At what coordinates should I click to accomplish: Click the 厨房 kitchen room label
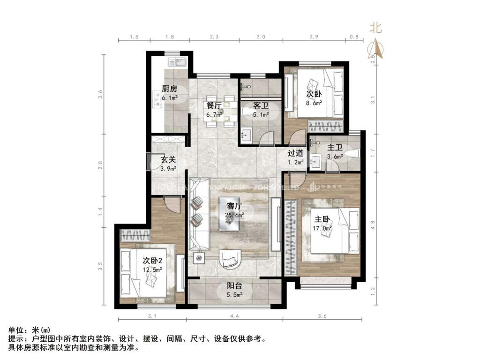click(x=169, y=88)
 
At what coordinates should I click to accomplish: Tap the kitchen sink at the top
click(x=178, y=62)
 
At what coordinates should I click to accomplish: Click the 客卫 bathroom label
click(x=261, y=106)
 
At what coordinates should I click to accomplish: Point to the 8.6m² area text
click(x=314, y=103)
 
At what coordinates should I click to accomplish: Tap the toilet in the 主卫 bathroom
click(x=354, y=153)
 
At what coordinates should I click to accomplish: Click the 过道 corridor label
click(x=295, y=153)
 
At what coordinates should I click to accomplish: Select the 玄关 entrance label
click(x=168, y=159)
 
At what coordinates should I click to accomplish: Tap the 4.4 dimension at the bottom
click(x=234, y=316)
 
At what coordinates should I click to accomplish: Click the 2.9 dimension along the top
click(x=314, y=37)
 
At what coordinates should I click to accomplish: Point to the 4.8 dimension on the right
click(x=373, y=225)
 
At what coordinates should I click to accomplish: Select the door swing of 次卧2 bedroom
click(x=172, y=205)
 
